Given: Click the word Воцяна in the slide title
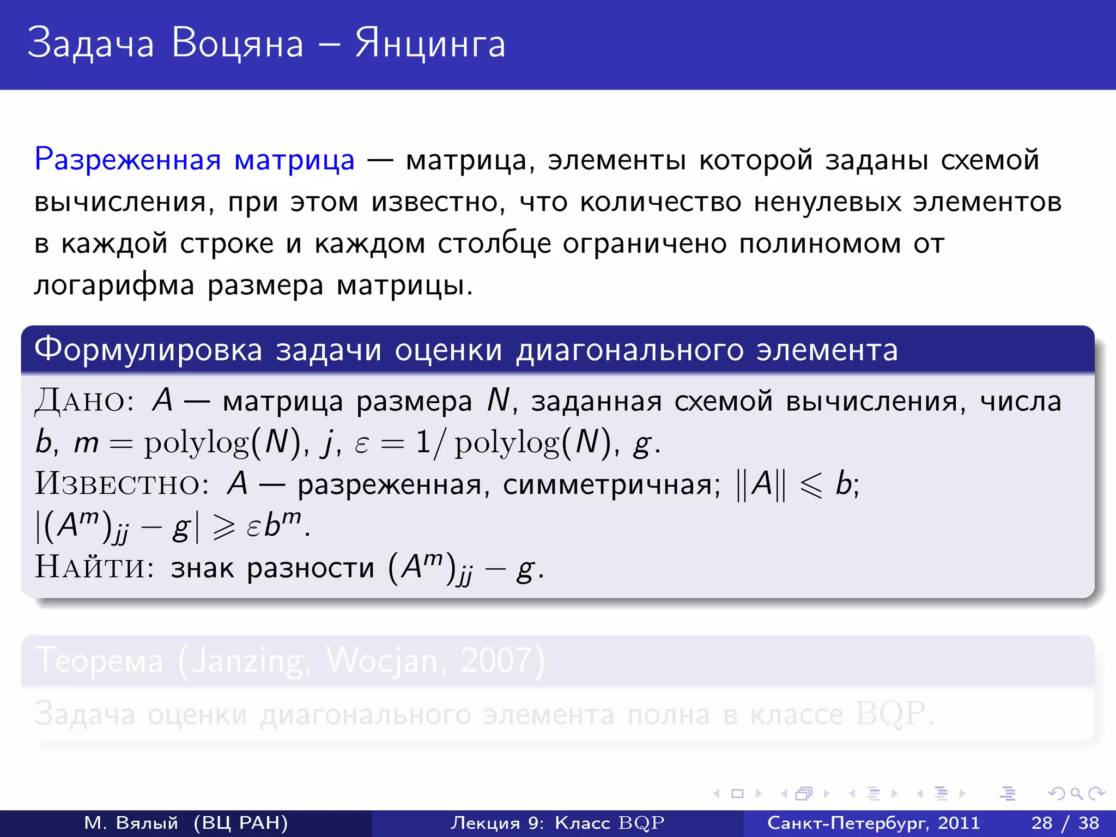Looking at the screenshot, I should (x=237, y=44).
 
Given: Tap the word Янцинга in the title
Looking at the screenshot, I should (x=430, y=44).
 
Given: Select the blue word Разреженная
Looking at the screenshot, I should (x=128, y=160).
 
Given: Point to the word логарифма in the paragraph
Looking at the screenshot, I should (x=114, y=285).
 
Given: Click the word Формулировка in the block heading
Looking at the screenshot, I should (x=148, y=350).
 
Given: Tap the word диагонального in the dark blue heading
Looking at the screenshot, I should (x=630, y=350).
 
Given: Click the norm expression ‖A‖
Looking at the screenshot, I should (x=761, y=484).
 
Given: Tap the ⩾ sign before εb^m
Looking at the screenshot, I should (x=224, y=526).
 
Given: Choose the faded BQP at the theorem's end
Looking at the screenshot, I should (x=890, y=713).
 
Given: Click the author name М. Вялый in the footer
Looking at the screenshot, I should (x=131, y=823).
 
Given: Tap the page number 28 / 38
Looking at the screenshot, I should (x=1065, y=823).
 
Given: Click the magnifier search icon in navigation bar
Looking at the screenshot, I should (x=1076, y=794).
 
